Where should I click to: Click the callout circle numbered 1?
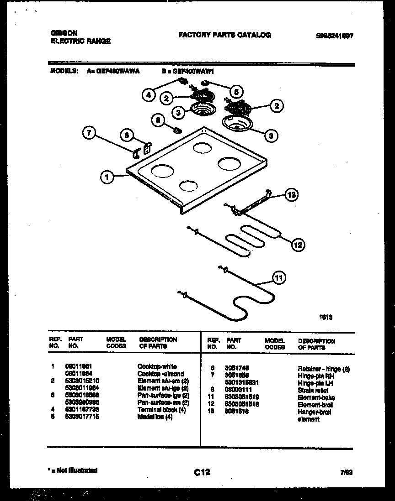107,177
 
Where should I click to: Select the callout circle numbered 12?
298,245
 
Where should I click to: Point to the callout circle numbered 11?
278,277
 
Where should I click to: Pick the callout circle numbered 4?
148,95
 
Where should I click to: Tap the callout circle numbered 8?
158,120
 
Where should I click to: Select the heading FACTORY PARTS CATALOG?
224,35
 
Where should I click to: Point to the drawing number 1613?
325,315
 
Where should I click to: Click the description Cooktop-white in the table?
157,366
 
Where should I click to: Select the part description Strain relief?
313,390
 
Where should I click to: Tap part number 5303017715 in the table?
82,417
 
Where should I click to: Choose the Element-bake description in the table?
316,397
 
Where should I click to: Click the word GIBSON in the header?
63,33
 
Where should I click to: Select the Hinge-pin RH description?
316,376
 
